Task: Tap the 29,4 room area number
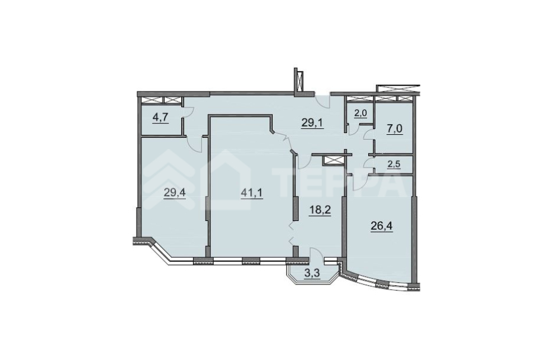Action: tap(175, 192)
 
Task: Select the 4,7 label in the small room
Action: tap(160, 117)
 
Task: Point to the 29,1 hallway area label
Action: tap(312, 123)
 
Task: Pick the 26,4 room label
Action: tap(382, 226)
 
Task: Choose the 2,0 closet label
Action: tap(361, 113)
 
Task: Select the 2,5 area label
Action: tap(394, 163)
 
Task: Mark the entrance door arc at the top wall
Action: tap(323, 102)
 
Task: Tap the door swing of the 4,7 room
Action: tap(188, 111)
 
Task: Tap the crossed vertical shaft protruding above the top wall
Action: tap(299, 80)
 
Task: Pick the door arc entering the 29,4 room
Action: tap(195, 144)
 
